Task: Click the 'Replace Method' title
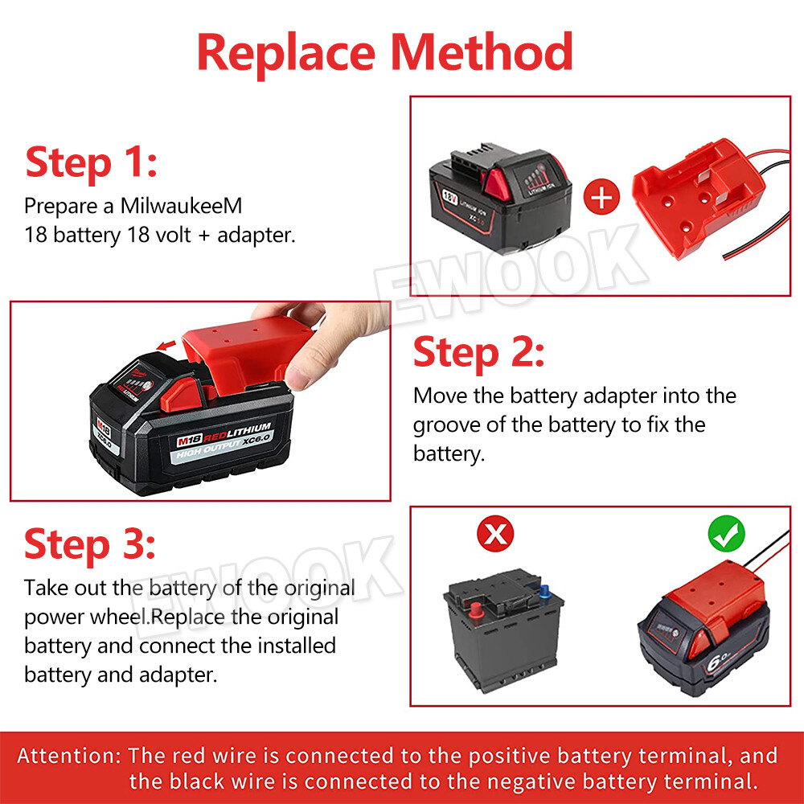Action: pos(384,52)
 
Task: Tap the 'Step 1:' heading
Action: pos(91,162)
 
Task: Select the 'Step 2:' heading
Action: pos(478,353)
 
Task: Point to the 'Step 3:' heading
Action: pos(90,544)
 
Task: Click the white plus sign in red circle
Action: pos(601,196)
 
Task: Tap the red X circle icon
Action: pos(496,534)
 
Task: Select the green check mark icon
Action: pos(726,534)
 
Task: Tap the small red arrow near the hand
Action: pos(166,347)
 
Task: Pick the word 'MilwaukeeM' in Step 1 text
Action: pos(182,206)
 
